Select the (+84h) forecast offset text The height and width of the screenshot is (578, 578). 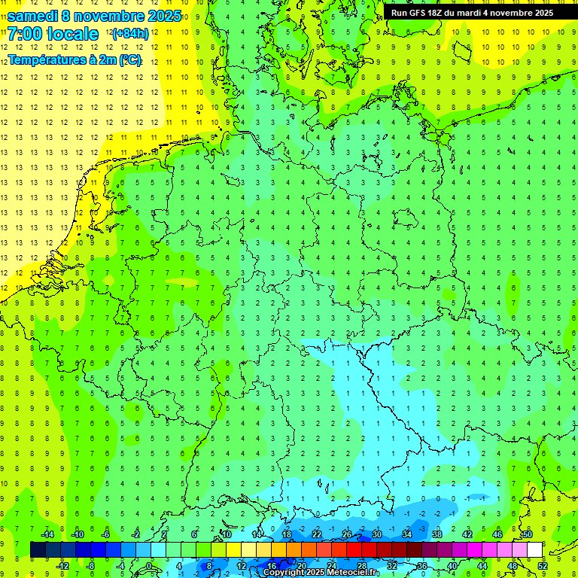coord(129,34)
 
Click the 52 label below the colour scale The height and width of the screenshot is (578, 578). coord(543,565)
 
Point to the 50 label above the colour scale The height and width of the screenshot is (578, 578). coord(528,534)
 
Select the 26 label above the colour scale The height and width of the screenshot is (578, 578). coord(347,534)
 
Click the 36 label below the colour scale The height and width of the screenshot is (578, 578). coord(422,565)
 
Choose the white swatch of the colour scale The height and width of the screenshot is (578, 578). coord(534,549)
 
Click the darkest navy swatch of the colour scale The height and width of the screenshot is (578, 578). coord(38,549)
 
